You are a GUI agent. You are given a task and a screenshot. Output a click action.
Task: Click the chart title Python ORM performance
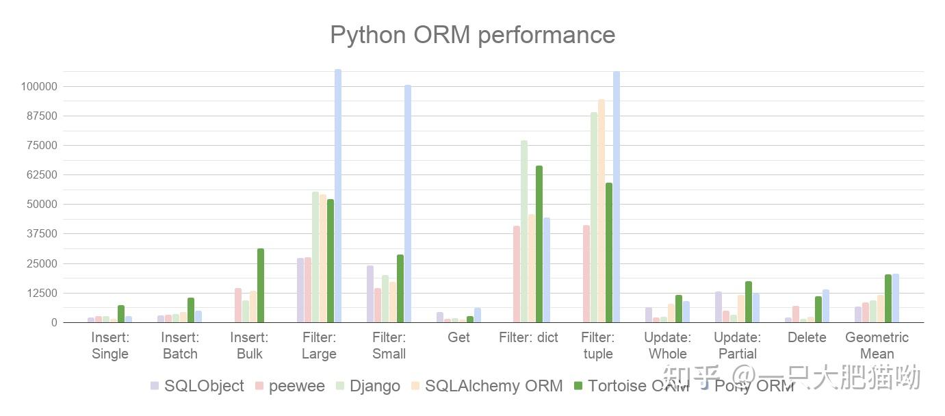point(472,34)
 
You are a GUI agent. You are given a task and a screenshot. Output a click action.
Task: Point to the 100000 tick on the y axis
point(38,87)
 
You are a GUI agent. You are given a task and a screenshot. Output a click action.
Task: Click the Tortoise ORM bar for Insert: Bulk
point(260,285)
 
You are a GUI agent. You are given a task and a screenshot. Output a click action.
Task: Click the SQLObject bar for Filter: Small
point(370,294)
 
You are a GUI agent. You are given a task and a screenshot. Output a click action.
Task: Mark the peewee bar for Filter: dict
point(517,274)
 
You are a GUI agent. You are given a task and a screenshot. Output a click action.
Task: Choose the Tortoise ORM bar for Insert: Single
point(121,314)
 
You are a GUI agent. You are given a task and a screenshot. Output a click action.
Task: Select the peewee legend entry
point(290,386)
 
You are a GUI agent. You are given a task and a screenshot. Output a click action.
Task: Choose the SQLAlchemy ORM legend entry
point(487,386)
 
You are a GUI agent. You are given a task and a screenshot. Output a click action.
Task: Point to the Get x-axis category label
point(458,337)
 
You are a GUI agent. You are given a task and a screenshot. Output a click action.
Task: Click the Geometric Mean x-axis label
point(877,346)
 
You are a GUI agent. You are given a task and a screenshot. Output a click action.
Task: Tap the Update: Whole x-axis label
point(667,346)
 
